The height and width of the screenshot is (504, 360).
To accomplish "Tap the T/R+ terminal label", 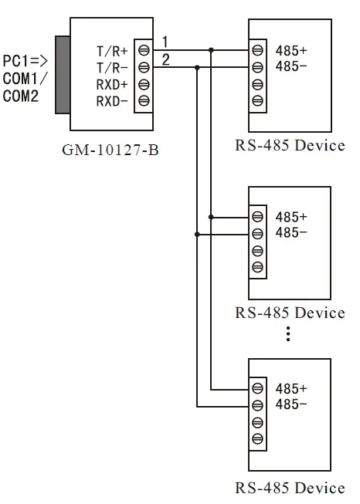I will coord(112,51).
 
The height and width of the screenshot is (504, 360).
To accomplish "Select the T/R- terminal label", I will coord(112,67).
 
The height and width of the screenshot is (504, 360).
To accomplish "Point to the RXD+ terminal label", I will coord(112,84).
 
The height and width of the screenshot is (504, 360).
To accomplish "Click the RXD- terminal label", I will coord(112,101).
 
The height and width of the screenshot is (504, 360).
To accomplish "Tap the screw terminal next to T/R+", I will coord(143,51).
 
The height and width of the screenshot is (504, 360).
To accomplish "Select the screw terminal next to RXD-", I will coord(143,101).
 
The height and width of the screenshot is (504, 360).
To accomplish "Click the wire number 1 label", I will coord(165,40).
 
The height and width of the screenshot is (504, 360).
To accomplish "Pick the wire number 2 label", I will coord(165,58).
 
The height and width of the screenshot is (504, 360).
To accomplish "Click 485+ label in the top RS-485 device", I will coord(291,51).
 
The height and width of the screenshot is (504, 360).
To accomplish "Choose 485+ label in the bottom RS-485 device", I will coord(291,388).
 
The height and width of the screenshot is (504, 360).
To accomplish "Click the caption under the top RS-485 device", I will coord(290,146).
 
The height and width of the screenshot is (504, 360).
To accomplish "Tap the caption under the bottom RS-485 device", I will coord(290,488).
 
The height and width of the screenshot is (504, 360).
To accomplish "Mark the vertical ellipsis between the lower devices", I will coord(287,333).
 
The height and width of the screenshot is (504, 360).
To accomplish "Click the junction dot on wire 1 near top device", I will coord(211,51).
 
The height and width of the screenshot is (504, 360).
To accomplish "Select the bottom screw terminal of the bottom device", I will coord(257,438).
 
